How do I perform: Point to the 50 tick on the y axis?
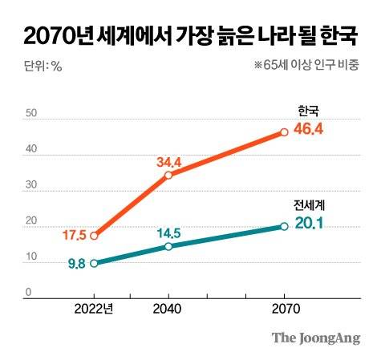pos(30,113)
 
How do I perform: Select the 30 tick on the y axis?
pos(30,185)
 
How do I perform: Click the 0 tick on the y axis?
pos(27,292)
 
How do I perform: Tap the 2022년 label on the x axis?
pos(95,309)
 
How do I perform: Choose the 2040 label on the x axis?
pos(167,309)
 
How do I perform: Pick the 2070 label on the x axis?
pos(283,309)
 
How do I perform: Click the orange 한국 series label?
pos(308,110)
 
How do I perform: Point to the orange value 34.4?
pos(170,161)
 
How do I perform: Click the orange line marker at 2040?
pos(168,175)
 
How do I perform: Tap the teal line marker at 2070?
pos(284,226)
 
